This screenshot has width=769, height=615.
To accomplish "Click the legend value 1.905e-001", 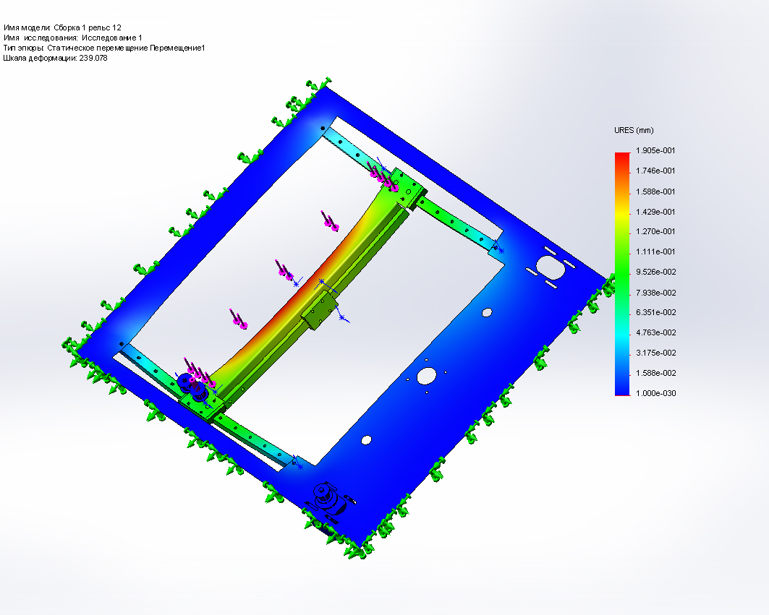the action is (x=655, y=150).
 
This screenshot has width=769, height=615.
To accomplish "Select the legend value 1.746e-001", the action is (x=655, y=171).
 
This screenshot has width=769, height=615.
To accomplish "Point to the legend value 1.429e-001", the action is (x=655, y=212).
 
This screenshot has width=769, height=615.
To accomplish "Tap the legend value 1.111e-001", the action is (x=655, y=251).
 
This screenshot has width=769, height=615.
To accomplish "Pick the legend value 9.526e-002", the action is (x=655, y=272).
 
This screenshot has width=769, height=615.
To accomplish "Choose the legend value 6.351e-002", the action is (x=655, y=312).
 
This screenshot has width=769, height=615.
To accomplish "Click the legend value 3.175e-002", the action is (x=655, y=353).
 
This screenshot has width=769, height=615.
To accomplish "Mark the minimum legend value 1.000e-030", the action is (x=655, y=393).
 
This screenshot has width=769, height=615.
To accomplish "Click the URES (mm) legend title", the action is (x=634, y=130).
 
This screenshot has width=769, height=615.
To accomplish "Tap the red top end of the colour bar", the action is (x=622, y=155).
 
